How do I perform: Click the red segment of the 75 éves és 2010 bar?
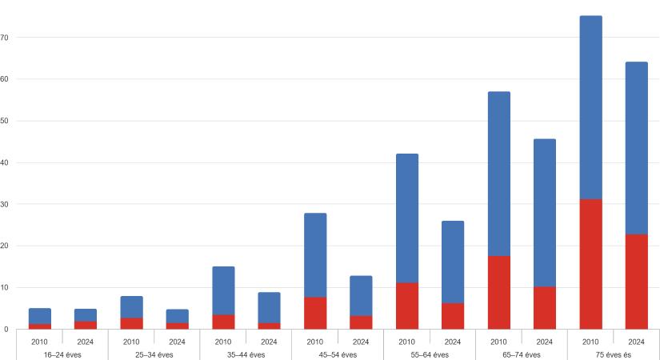[590, 264]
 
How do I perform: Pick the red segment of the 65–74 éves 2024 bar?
[544, 308]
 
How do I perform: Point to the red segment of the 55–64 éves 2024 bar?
[453, 316]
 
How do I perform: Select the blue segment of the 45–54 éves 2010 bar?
[315, 255]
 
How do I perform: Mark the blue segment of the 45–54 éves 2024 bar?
[361, 296]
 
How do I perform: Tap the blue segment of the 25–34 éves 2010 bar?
[131, 307]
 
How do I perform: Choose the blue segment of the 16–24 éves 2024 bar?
[86, 315]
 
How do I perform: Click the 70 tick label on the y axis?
[5, 38]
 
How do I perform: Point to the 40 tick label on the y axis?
[5, 162]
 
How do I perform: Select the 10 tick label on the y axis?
[5, 287]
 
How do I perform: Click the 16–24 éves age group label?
[62, 354]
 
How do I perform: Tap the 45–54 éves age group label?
[338, 354]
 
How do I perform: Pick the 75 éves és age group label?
[613, 354]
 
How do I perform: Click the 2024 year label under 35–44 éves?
[269, 342]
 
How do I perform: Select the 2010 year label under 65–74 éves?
[498, 342]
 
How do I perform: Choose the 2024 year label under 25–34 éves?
[177, 342]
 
